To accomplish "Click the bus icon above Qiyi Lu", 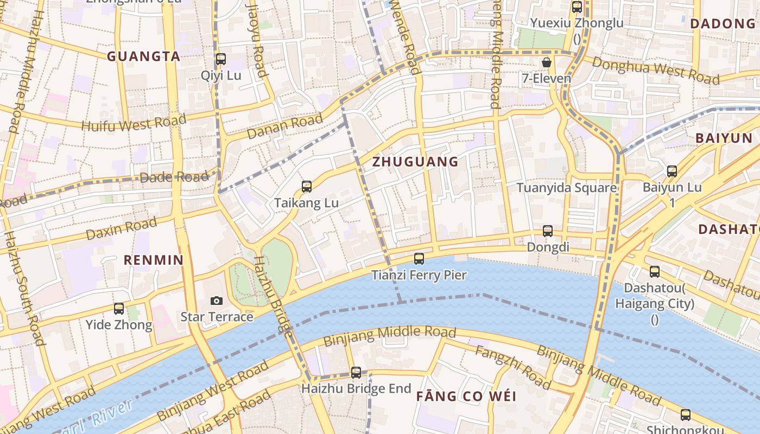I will click(221, 59).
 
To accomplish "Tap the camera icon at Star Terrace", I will click(216, 301).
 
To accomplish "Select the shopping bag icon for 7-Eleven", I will click(547, 62).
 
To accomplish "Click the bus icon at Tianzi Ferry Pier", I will click(419, 259).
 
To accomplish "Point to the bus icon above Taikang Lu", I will click(307, 187).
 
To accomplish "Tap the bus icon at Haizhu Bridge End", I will click(356, 373).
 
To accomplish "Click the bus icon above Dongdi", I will click(548, 231).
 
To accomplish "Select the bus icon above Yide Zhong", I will click(119, 309).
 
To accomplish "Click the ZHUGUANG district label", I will click(415, 162).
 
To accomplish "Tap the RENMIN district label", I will click(154, 260).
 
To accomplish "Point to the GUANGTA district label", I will click(143, 56).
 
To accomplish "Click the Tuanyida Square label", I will click(566, 188).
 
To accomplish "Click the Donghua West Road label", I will click(656, 71).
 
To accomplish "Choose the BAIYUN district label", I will click(724, 138).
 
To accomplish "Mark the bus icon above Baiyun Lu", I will click(672, 171).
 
